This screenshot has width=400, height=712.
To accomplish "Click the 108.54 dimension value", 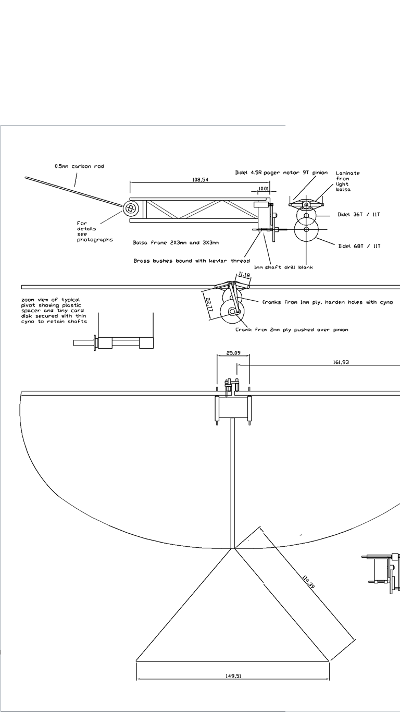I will click(201, 180).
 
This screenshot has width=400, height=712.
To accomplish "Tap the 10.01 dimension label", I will click(264, 189).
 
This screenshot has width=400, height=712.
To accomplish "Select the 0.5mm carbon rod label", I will click(79, 166).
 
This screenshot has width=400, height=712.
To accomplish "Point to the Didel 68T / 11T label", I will click(359, 246).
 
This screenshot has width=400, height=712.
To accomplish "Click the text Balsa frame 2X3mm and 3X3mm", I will click(176, 242).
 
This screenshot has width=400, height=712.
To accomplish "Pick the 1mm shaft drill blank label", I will click(283, 267).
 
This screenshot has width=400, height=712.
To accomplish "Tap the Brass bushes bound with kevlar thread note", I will click(192, 261).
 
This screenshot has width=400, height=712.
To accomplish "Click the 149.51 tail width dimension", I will click(233, 676).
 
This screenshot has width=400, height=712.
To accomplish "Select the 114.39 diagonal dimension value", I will click(308, 581).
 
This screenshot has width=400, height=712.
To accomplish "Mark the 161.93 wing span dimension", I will click(341, 362).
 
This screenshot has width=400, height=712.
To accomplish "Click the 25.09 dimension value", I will click(233, 353).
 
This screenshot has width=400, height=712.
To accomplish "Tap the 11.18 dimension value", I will click(244, 275).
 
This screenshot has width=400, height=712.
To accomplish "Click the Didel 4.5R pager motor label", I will click(281, 173).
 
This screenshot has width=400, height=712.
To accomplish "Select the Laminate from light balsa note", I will click(347, 181).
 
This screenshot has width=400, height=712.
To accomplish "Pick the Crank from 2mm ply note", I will click(292, 329).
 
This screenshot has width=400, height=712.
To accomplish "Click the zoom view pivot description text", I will click(54, 311).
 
